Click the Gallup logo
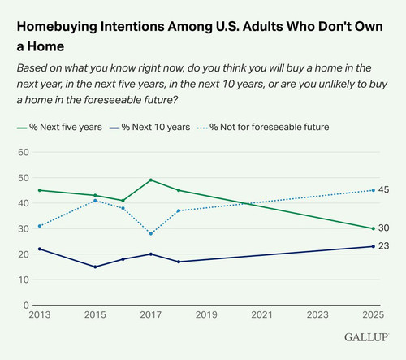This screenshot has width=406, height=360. point(366,337)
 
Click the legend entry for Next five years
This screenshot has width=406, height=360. point(59,127)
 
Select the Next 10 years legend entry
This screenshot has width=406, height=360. point(149,127)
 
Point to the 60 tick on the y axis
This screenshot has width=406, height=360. point(24,152)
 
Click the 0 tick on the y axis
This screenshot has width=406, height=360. point(26,306)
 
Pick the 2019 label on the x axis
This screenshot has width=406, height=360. point(206,314)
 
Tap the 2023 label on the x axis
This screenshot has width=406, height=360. point(317,314)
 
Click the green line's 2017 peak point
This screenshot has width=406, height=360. point(151,180)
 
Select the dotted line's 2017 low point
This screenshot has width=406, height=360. point(151,233)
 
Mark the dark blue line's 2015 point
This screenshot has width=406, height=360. point(95,267)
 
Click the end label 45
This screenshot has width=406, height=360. point(383,190)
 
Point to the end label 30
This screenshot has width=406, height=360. point(383,228)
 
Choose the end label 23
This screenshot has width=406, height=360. point(383,246)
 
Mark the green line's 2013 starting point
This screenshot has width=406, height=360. point(40,190)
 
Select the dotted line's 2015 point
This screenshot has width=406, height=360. point(95,201)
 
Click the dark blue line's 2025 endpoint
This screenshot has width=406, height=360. point(374,246)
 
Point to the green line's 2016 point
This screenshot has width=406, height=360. point(123,201)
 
